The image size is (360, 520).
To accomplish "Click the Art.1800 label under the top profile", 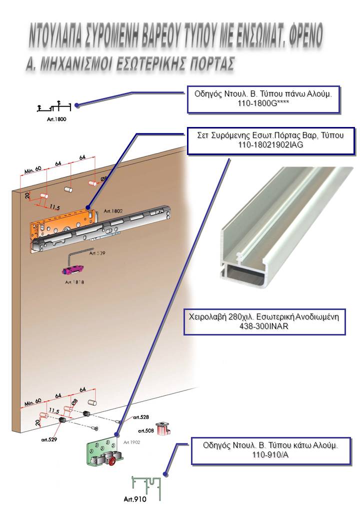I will [52, 119].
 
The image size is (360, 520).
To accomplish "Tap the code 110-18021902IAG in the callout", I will [270, 144].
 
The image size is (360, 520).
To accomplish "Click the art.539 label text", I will [98, 253].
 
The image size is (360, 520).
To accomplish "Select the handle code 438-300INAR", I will [266, 326].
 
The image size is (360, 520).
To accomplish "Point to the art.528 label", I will [140, 417].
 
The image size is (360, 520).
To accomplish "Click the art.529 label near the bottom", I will [49, 440].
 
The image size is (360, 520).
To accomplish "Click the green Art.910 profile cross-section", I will [147, 485].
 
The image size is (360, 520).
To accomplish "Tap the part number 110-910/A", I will [270, 454].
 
